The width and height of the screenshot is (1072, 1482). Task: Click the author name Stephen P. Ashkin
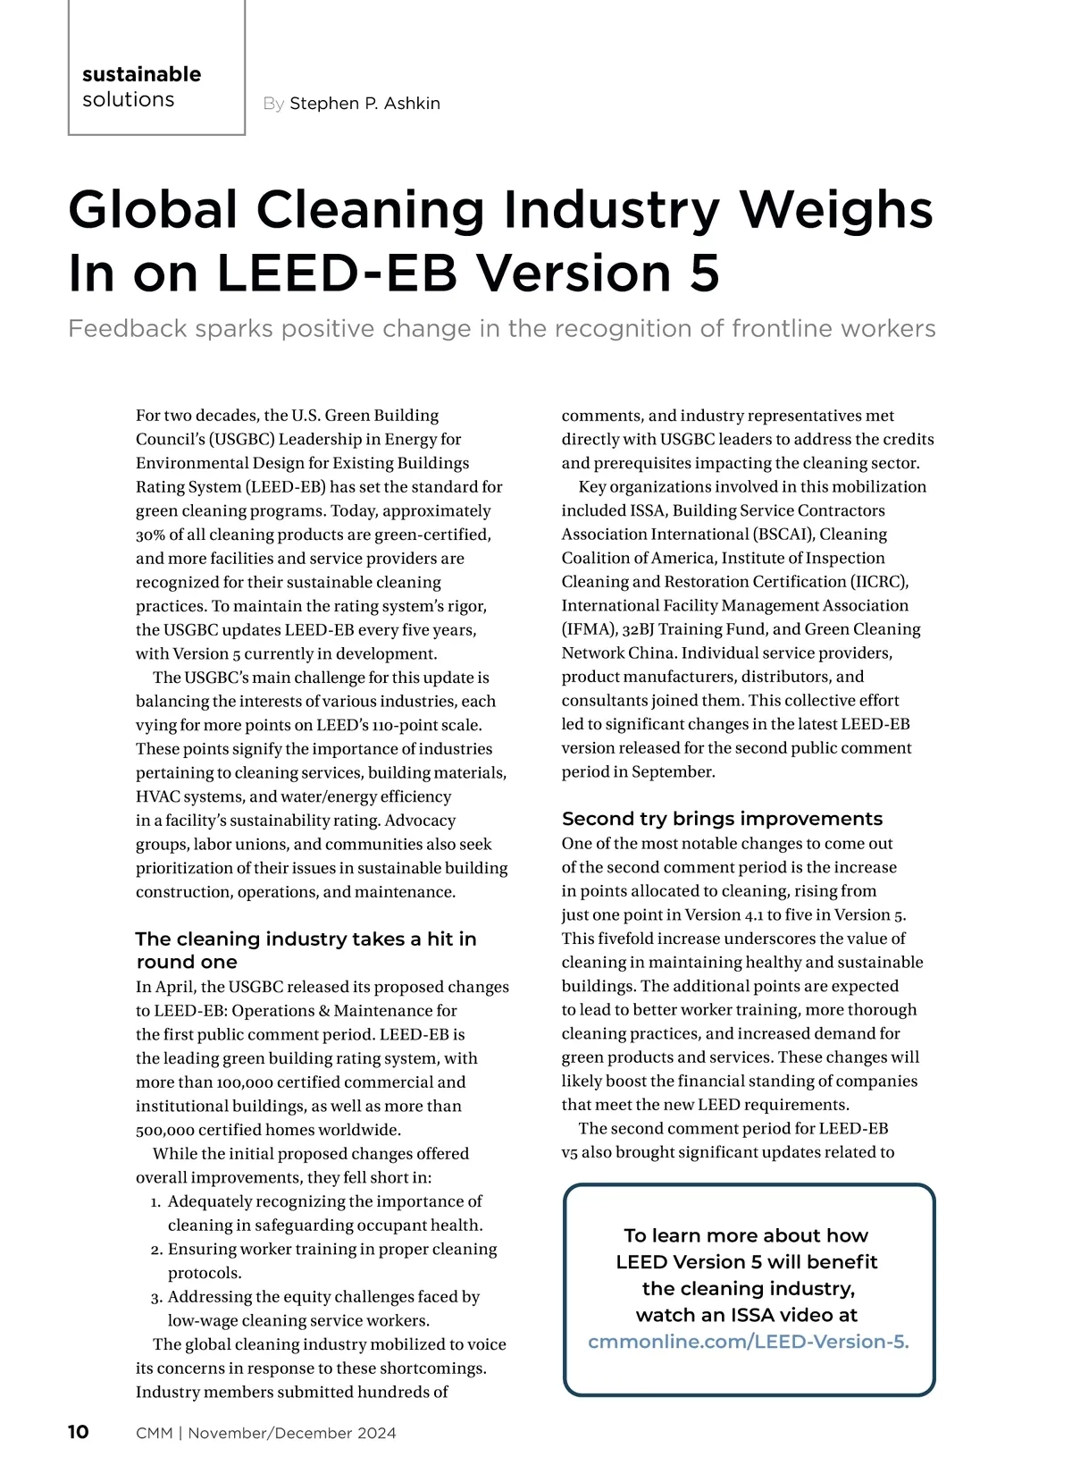(364, 104)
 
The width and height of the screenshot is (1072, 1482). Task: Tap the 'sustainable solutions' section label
(141, 87)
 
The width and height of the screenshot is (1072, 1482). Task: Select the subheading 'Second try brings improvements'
(722, 819)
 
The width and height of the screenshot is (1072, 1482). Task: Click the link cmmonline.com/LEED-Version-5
(748, 1342)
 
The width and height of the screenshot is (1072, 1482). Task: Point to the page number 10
(79, 1432)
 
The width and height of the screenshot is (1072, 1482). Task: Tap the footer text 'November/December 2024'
(292, 1433)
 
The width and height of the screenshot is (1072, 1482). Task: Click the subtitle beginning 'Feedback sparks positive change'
(501, 329)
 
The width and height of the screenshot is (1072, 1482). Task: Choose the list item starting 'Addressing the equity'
(323, 1308)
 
